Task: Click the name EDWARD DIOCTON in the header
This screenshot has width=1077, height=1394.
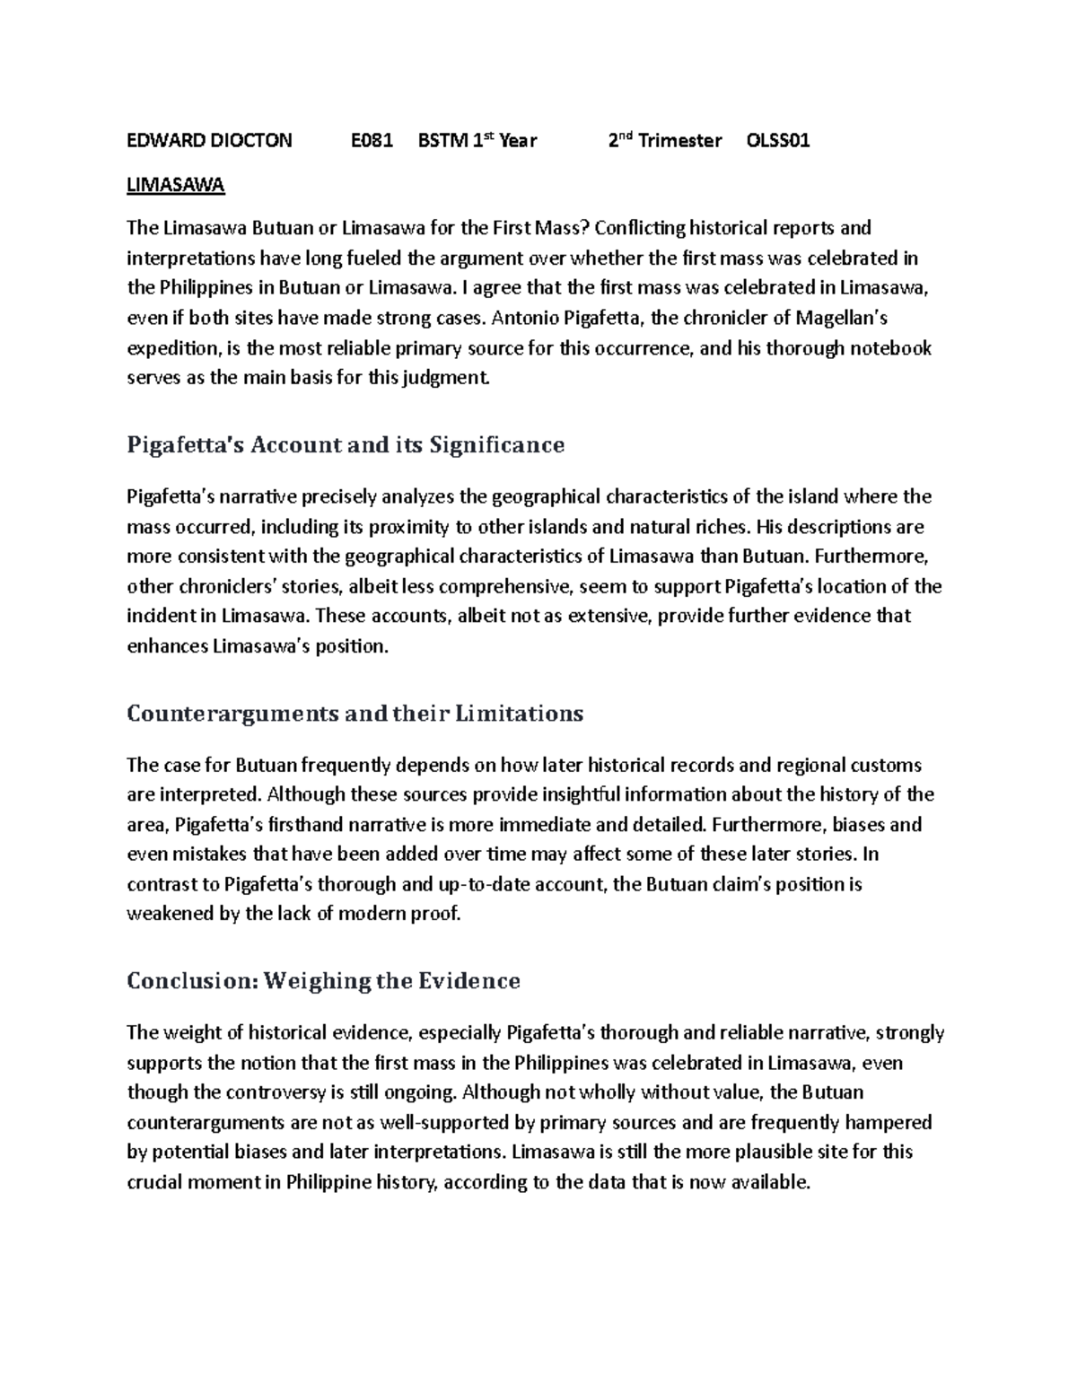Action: click(x=209, y=140)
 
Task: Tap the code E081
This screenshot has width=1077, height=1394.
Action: click(x=372, y=140)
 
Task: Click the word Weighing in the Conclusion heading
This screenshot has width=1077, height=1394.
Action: click(x=316, y=980)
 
